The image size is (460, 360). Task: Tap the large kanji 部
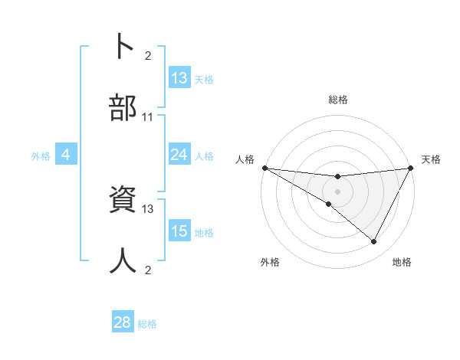(123, 108)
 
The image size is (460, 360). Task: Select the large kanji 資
(123, 201)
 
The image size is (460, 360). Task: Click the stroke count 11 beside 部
(148, 117)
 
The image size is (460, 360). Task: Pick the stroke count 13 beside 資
(148, 208)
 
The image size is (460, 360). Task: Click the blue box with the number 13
(179, 78)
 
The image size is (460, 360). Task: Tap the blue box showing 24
(179, 155)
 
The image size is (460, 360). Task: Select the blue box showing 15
(179, 232)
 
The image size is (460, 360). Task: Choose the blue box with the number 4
(66, 155)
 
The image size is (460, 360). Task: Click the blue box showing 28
(123, 322)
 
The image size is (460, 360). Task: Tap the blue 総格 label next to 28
(148, 324)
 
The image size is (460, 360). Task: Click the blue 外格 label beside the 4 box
(41, 156)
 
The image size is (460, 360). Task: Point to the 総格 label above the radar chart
(338, 100)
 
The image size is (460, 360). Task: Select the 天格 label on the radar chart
(431, 159)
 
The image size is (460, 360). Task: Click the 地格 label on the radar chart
(402, 262)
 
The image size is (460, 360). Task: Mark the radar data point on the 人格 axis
(264, 168)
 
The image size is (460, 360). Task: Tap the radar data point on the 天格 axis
(410, 168)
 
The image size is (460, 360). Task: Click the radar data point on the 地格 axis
(374, 242)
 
